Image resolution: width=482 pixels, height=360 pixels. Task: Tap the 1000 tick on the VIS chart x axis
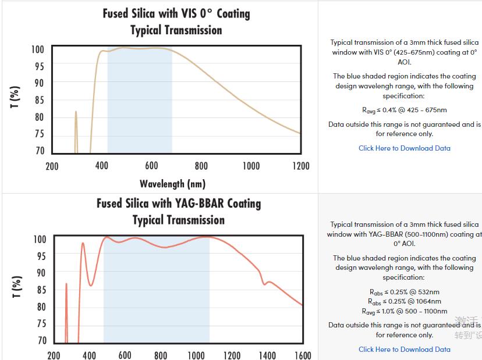(251, 166)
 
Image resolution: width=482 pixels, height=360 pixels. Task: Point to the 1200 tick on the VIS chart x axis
(300, 166)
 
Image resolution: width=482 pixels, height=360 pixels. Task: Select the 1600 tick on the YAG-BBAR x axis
(303, 355)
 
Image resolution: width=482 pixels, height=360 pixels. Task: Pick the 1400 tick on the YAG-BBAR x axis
(267, 355)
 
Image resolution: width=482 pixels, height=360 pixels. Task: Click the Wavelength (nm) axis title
(172, 184)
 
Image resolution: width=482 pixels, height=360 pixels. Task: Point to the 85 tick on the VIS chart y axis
(39, 100)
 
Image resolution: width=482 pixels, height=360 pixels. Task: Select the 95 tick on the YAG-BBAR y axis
(40, 255)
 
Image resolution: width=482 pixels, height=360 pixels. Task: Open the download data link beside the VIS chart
(405, 148)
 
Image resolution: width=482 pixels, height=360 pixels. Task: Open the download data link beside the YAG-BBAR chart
(405, 350)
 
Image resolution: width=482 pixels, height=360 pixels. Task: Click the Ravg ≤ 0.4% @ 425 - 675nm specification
(405, 110)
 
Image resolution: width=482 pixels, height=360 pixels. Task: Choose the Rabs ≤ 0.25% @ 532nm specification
(405, 292)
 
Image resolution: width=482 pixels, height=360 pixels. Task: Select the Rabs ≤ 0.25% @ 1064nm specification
(405, 301)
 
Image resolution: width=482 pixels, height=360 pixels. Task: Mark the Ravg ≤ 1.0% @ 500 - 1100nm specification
(405, 311)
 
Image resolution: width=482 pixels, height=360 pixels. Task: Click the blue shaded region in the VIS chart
(140, 105)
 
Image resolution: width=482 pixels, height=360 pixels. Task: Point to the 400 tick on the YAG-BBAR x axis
(89, 355)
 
